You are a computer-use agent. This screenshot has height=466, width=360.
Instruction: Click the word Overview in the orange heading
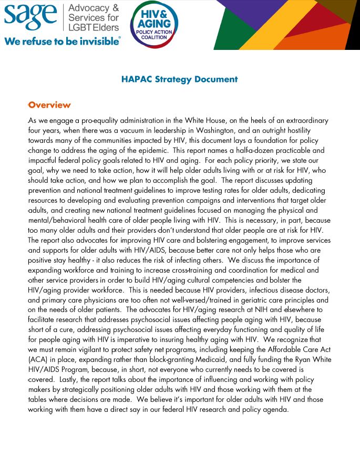pos(49,105)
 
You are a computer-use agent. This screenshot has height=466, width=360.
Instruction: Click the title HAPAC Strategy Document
pos(179,79)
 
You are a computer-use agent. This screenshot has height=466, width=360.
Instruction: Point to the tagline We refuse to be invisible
pos(62,41)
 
